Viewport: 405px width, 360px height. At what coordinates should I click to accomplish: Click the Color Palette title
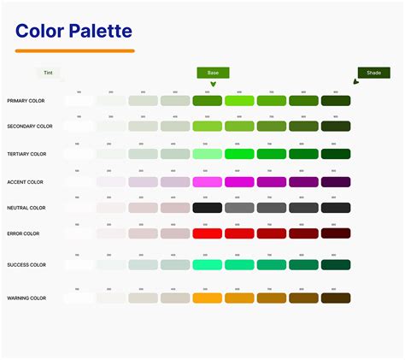pyautogui.click(x=73, y=32)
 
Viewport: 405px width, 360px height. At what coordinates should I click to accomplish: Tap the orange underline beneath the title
pyautogui.click(x=75, y=51)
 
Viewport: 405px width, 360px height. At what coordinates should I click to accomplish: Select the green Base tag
pyautogui.click(x=213, y=74)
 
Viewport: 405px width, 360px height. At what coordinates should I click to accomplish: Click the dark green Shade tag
pyautogui.click(x=374, y=74)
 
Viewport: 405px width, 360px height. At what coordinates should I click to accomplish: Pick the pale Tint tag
pyautogui.click(x=50, y=74)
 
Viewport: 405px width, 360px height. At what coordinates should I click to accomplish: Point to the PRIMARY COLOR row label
pyautogui.click(x=26, y=101)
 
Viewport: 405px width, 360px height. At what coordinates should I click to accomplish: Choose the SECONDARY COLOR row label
pyautogui.click(x=29, y=126)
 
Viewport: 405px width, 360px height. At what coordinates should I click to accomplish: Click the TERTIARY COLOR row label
pyautogui.click(x=27, y=154)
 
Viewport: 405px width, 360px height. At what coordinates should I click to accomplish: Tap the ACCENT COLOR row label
pyautogui.click(x=26, y=182)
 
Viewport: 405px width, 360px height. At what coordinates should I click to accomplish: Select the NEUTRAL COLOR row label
pyautogui.click(x=26, y=208)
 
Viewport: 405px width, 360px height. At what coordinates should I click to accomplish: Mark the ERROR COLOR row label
pyautogui.click(x=23, y=233)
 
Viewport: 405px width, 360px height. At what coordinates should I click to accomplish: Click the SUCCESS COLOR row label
pyautogui.click(x=26, y=265)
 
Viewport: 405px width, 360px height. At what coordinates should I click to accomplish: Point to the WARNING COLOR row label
pyautogui.click(x=26, y=298)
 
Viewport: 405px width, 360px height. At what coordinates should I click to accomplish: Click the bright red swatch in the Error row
pyautogui.click(x=208, y=233)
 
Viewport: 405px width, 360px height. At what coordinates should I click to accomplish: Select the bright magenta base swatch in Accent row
pyautogui.click(x=208, y=182)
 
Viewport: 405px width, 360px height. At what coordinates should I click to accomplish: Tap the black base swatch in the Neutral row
pyautogui.click(x=208, y=208)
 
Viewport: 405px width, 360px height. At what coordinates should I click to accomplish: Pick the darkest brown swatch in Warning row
pyautogui.click(x=336, y=298)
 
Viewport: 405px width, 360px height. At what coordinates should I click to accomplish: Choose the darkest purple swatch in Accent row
pyautogui.click(x=336, y=182)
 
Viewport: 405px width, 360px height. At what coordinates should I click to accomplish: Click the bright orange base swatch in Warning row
pyautogui.click(x=208, y=298)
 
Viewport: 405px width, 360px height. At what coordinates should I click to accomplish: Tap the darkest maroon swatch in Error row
pyautogui.click(x=336, y=233)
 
